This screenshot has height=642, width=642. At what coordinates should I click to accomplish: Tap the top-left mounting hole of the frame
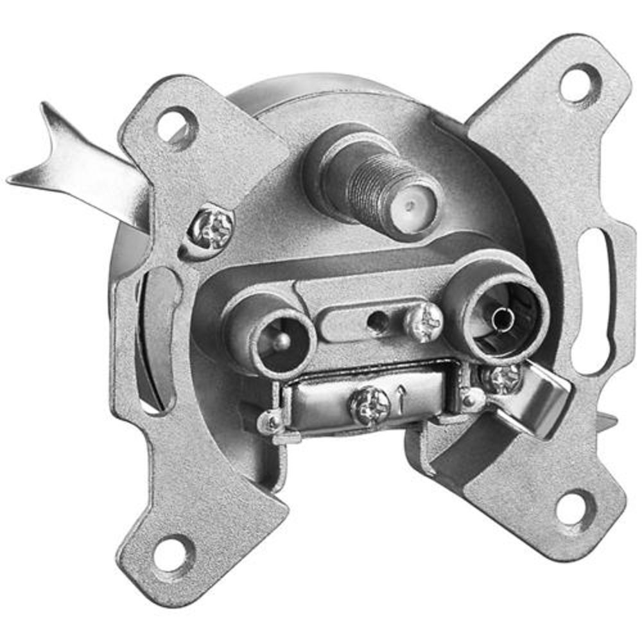175,124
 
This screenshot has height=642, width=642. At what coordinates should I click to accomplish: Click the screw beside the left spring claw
213,228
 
